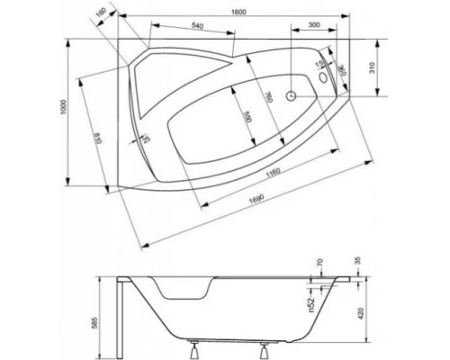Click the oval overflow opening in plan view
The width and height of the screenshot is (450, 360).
pos(323,82)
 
